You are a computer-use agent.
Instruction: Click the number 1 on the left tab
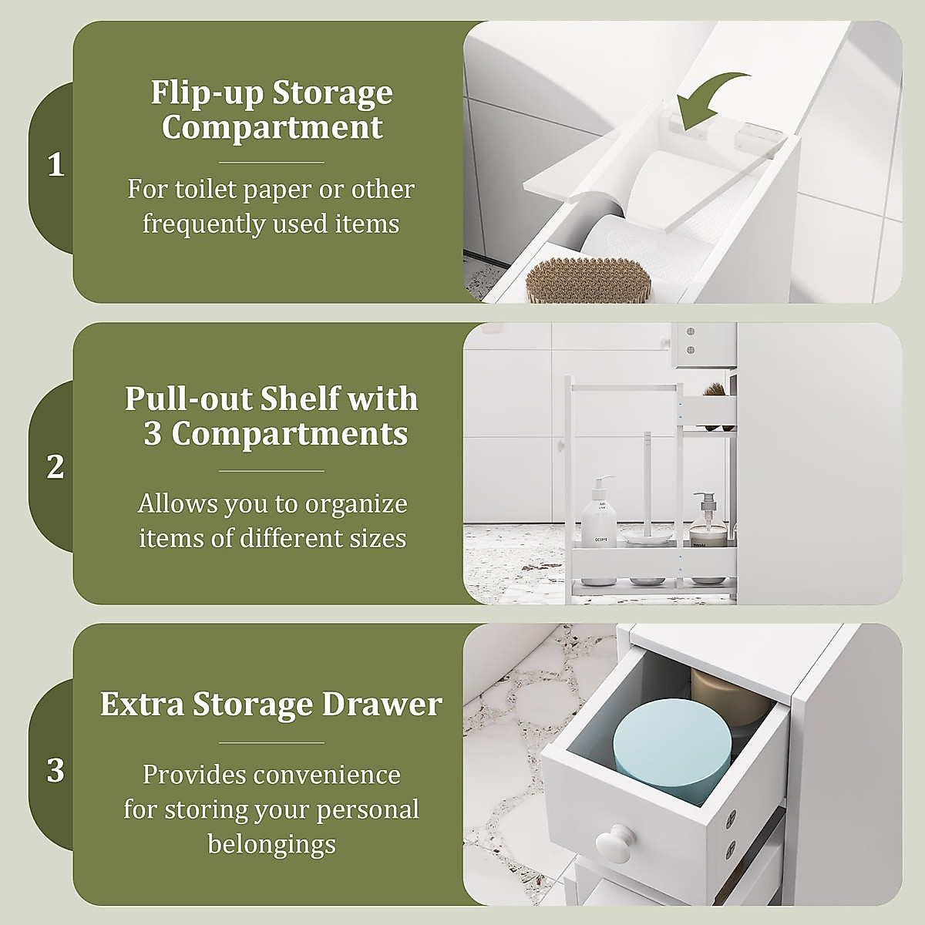pyautogui.click(x=55, y=165)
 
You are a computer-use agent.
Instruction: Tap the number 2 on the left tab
pyautogui.click(x=55, y=467)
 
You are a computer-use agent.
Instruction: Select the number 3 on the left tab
pyautogui.click(x=55, y=770)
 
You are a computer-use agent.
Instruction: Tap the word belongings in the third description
pyautogui.click(x=271, y=844)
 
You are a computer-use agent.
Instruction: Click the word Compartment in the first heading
pyautogui.click(x=271, y=128)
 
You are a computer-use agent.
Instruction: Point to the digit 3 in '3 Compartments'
pyautogui.click(x=152, y=433)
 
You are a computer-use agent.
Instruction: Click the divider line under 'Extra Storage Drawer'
pyautogui.click(x=271, y=743)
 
